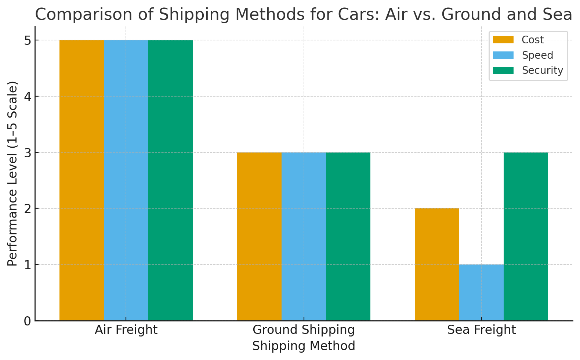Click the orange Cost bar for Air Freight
pos(81,180)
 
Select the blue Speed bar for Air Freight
pos(126,180)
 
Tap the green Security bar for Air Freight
pos(170,180)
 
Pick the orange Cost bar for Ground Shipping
pos(259,236)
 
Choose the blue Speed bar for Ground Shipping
pos(304,236)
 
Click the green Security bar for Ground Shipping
pos(348,236)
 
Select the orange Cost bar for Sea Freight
pos(437,264)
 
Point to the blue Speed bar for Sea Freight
pos(481,292)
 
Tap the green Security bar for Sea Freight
pos(526,236)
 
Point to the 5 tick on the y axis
pos(28,40)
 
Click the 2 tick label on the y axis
pos(28,209)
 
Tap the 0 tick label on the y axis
pos(28,321)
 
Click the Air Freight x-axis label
pos(126,330)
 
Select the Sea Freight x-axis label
pos(481,330)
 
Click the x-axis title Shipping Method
pos(304,346)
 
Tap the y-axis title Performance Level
pos(12,173)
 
